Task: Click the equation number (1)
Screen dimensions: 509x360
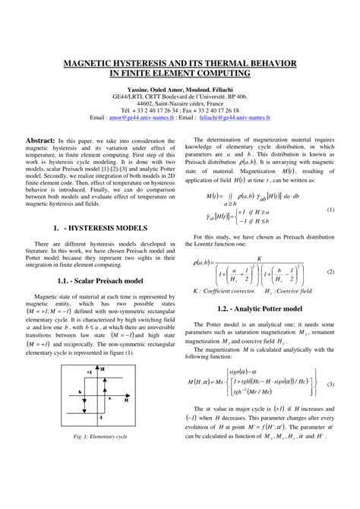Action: click(x=330, y=209)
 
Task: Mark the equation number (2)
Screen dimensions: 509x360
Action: click(x=330, y=271)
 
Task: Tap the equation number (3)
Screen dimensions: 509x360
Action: click(x=330, y=384)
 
